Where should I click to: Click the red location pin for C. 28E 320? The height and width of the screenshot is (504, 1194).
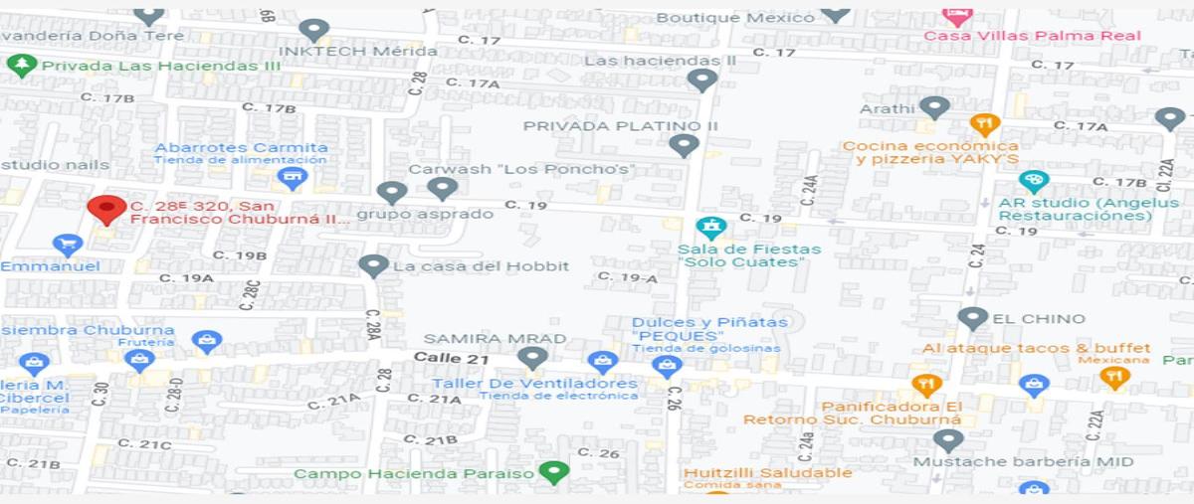tap(105, 209)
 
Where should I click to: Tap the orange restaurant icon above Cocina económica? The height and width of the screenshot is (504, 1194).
tap(984, 125)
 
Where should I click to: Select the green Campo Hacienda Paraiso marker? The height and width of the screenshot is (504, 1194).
tap(552, 471)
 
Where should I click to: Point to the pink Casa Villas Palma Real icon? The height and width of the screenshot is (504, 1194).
tap(956, 15)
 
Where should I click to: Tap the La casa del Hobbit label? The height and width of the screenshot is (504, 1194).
tap(481, 266)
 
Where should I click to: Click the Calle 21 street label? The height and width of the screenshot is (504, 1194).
tap(451, 357)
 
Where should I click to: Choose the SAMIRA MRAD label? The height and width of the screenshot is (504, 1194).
tap(495, 338)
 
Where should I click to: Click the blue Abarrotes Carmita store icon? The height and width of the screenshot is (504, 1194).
tap(292, 179)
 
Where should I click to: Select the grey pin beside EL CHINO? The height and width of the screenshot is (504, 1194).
tap(972, 318)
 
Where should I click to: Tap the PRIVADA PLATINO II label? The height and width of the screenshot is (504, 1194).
tap(620, 126)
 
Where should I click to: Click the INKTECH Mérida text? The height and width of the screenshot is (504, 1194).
tap(357, 51)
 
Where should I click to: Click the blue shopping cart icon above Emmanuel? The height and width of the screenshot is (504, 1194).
tap(67, 244)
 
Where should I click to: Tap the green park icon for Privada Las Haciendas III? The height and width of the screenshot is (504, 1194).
tap(21, 66)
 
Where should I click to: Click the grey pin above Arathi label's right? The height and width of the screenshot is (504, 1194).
tap(933, 107)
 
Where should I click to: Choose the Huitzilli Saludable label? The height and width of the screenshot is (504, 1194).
tap(767, 473)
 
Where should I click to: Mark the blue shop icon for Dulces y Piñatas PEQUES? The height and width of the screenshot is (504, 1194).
tap(666, 366)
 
